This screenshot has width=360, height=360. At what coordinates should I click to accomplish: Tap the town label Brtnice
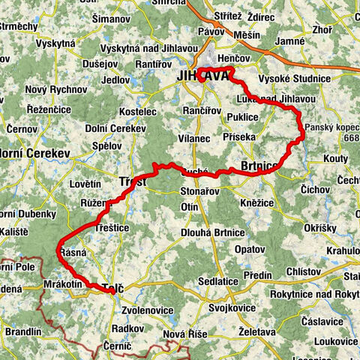click(x=259, y=166)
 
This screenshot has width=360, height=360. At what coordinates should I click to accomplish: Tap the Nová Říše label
click(x=184, y=333)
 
